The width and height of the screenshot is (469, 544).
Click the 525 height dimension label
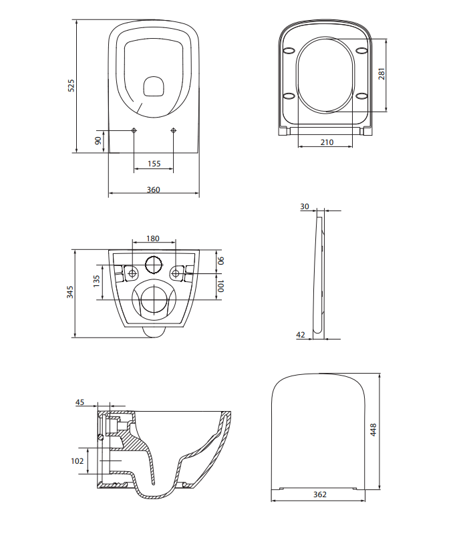[x=71, y=86]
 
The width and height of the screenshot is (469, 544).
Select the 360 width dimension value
[x=154, y=189]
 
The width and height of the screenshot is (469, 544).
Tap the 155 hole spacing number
[x=154, y=164]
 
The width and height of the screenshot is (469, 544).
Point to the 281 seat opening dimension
[x=381, y=74]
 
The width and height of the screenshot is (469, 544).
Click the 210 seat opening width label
[x=327, y=142]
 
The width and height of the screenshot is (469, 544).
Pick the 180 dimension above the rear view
[x=152, y=239]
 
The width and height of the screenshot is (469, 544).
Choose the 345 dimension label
[x=70, y=292]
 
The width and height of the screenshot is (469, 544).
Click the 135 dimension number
[x=97, y=281]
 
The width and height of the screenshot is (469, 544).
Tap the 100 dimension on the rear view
[x=220, y=286]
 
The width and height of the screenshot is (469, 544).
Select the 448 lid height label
[x=373, y=430]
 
